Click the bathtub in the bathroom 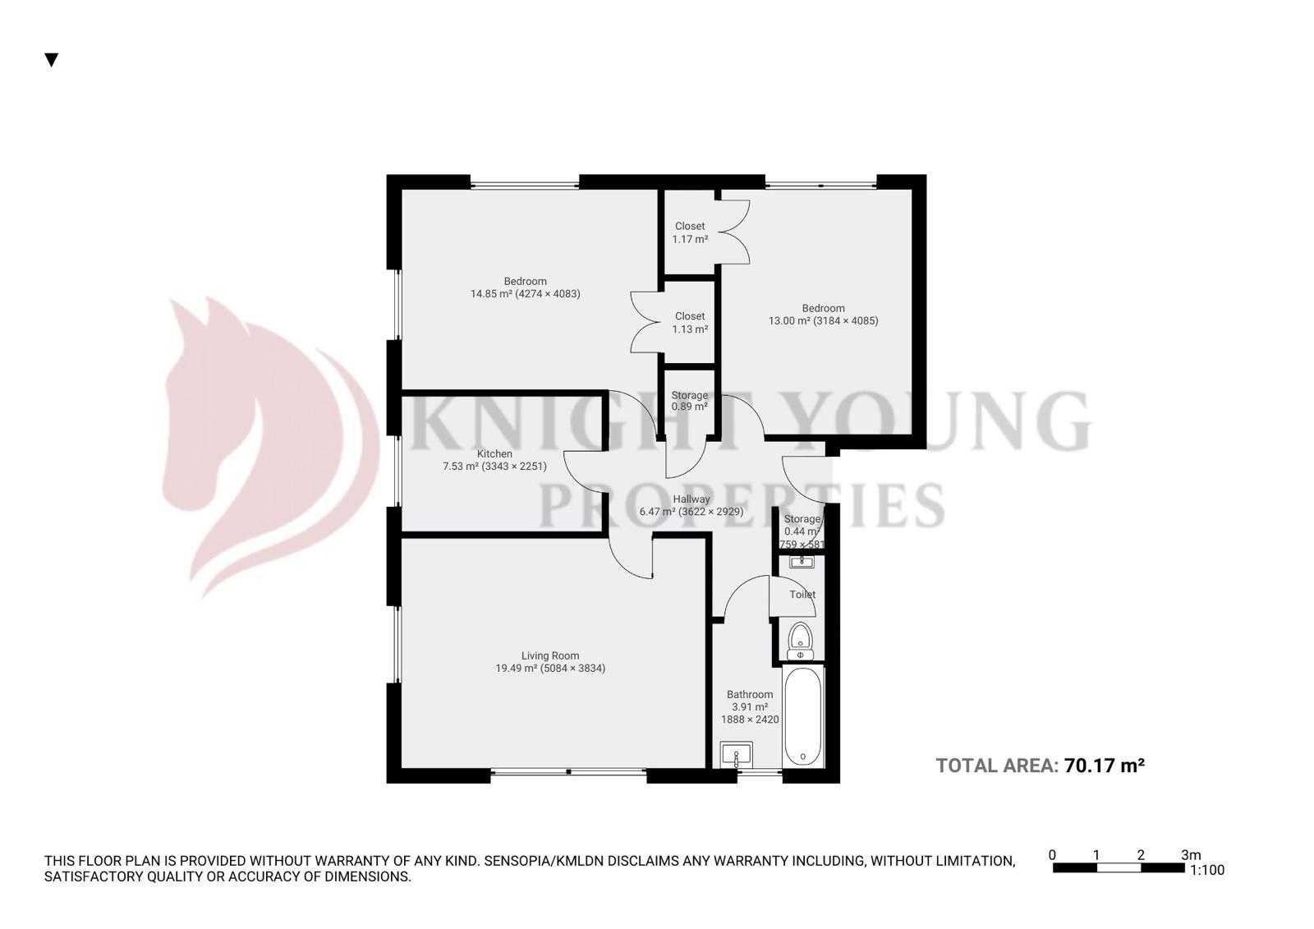[802, 716]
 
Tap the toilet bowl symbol [800, 638]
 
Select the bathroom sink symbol [737, 754]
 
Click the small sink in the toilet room [801, 562]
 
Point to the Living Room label [550, 655]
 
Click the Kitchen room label [494, 453]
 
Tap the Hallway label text [691, 499]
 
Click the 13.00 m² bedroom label [823, 315]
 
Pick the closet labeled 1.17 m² [690, 232]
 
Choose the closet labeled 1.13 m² [690, 322]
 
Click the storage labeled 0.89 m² [689, 401]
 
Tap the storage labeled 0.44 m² [802, 526]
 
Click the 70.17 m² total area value [1104, 766]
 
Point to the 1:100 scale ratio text [1206, 870]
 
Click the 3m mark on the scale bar [1190, 855]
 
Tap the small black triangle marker [52, 60]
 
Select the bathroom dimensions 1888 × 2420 [750, 719]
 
